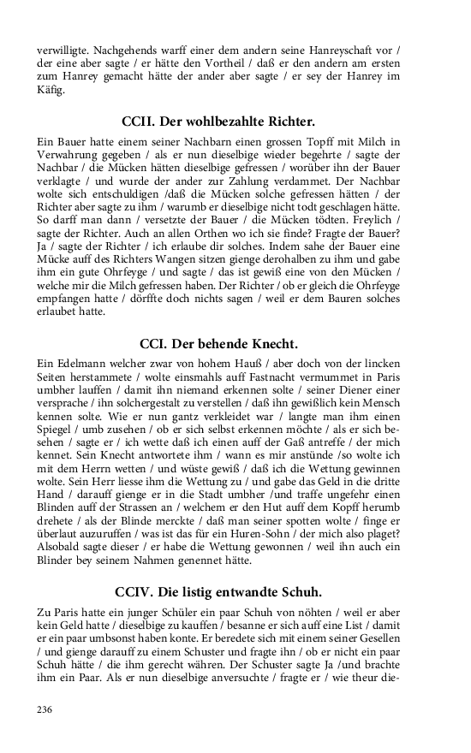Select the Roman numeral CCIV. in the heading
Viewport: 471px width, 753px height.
[135, 591]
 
